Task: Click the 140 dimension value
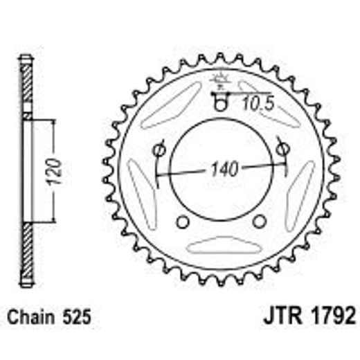[x=222, y=168]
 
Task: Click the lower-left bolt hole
[x=183, y=222]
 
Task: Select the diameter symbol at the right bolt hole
[x=281, y=148]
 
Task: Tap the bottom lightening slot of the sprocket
[x=221, y=246]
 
